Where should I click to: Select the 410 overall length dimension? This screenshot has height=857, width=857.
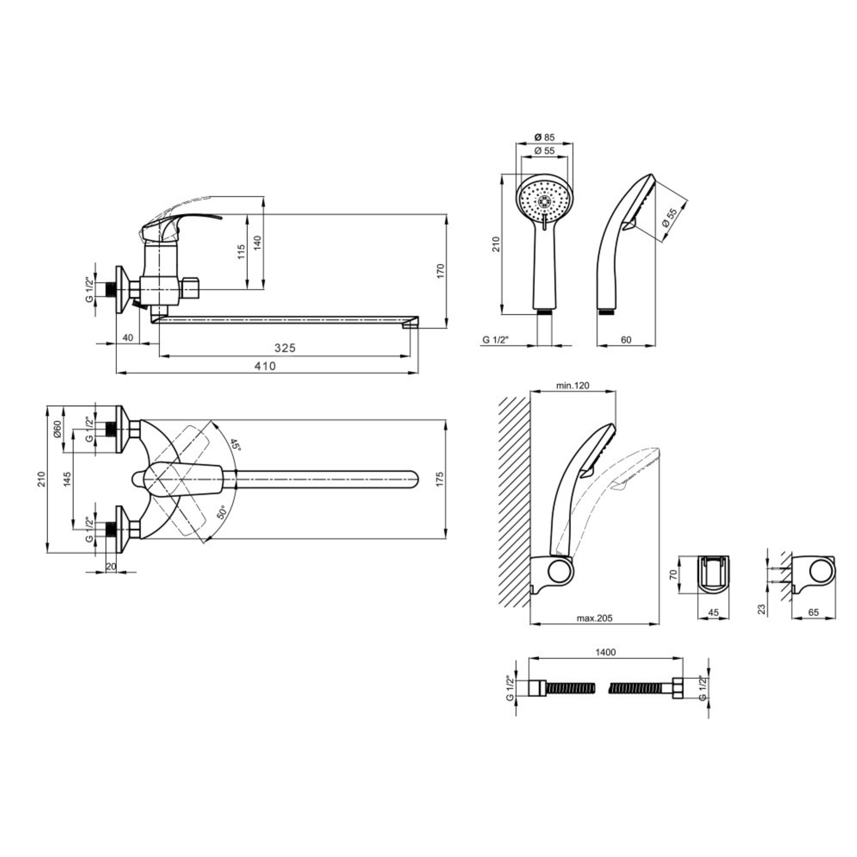[265, 366]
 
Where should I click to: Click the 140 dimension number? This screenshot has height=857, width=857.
[258, 243]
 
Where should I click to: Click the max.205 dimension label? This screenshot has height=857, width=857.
[594, 618]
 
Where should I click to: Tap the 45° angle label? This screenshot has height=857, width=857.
[236, 445]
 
